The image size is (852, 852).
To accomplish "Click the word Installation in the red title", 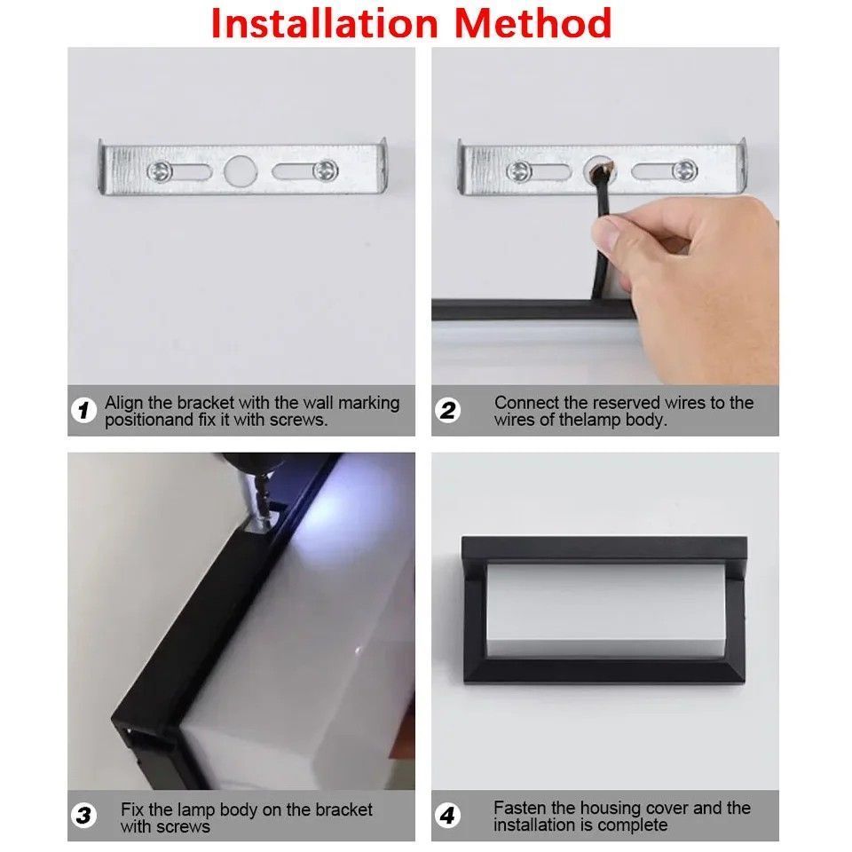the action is coord(325,23).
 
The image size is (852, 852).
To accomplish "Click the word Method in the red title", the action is coord(533,23).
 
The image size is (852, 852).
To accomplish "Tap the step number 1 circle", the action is coord(83,410).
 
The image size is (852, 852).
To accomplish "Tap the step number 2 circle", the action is coord(447,410).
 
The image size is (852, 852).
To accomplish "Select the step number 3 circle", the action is coord(83,816).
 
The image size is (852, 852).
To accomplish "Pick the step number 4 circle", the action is coord(447,816).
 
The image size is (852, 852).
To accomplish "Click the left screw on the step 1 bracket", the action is coord(160,171).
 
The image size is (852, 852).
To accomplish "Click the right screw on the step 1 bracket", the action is coord(326,170).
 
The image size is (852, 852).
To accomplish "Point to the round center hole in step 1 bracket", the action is coord(241,171).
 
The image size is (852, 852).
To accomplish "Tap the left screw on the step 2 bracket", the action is coord(519,171).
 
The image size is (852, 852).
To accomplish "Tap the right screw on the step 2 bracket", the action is coord(684,170).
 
